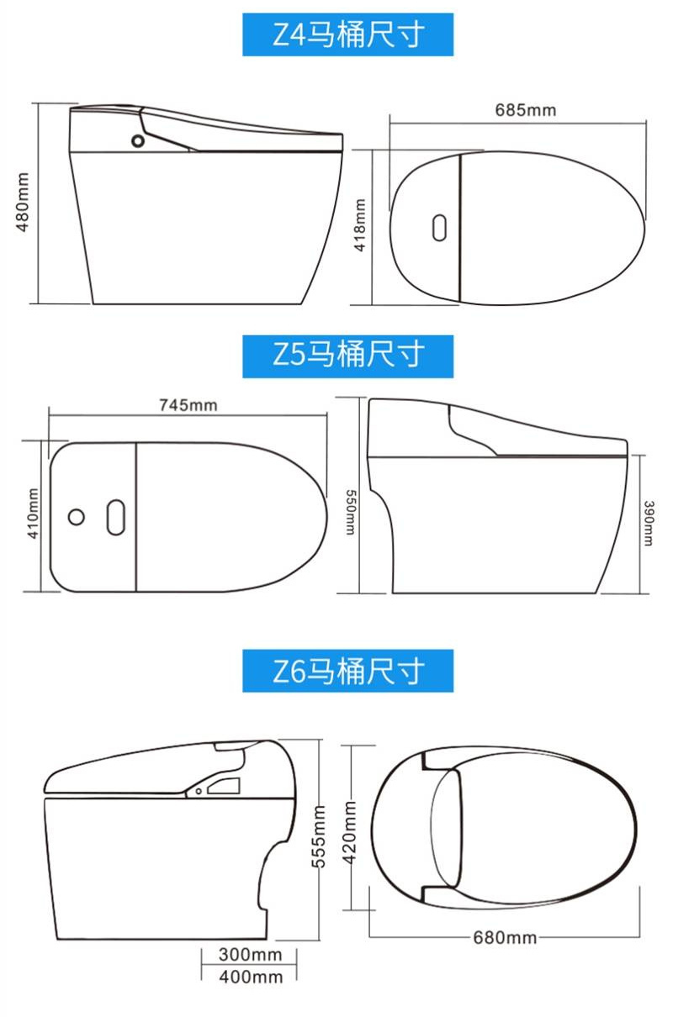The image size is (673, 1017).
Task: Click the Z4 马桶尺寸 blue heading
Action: pos(347,34)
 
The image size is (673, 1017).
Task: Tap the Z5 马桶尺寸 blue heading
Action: pos(347,356)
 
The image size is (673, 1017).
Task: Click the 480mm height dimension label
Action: pos(23,202)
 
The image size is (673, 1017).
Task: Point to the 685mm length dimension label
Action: pos(525,110)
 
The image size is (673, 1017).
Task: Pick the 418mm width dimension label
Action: pos(359,225)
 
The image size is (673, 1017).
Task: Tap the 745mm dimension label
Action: pos(188,405)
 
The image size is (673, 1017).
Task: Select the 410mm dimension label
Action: pos(33,514)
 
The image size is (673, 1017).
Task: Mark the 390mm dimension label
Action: pos(649,523)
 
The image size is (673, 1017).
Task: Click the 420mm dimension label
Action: pos(349,832)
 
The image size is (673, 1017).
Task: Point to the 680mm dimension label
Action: pos(505,937)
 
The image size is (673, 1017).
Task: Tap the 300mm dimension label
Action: pos(251,955)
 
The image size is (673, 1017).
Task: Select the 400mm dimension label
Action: pos(251,977)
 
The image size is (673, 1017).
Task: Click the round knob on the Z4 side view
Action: pos(138,140)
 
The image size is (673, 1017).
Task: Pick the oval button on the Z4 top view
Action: pos(439,228)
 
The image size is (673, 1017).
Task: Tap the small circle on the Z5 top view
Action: pos(76,517)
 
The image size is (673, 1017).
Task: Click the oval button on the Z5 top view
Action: pos(116,517)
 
